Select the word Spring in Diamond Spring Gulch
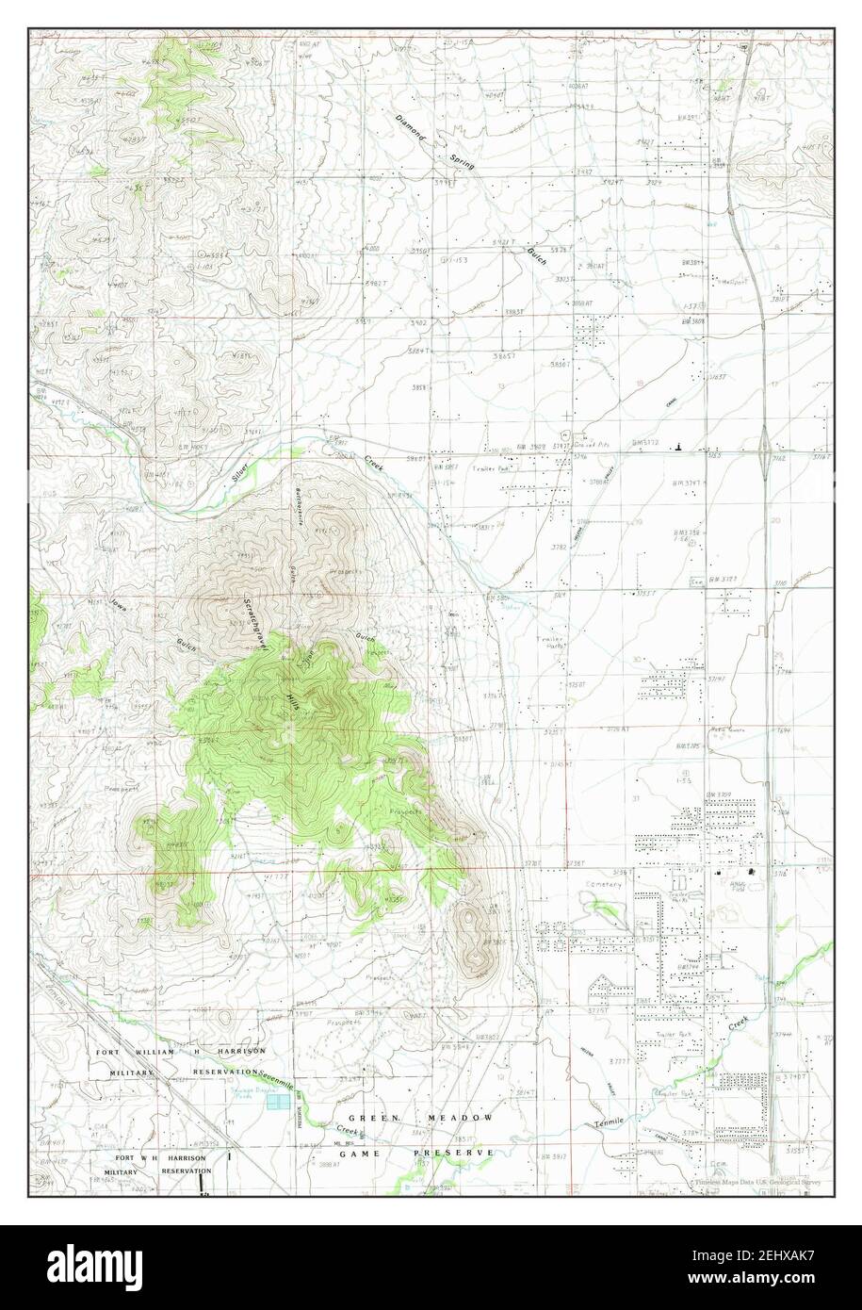462,156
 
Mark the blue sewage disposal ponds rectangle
277,1101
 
